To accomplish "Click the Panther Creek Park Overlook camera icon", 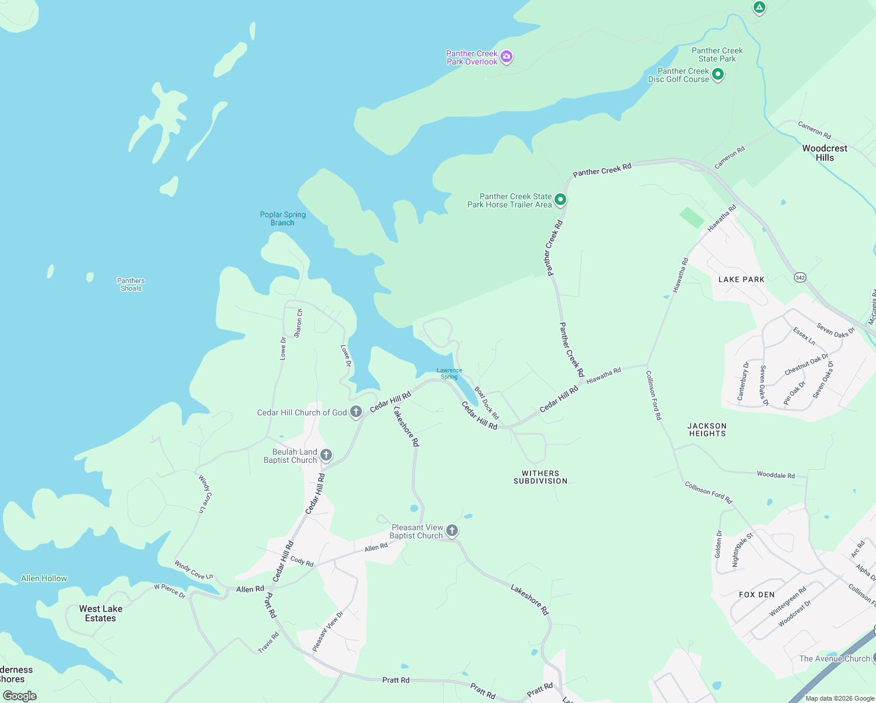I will click(507, 57).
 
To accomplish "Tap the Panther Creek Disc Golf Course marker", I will click(718, 74).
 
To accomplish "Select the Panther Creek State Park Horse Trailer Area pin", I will click(560, 200).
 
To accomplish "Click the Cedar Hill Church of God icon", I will click(356, 412).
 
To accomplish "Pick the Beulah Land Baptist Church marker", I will click(326, 455).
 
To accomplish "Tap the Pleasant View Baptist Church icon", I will click(452, 531).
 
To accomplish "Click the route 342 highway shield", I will click(800, 277).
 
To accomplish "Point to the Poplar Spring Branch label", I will click(283, 219).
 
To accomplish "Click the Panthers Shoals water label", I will click(131, 285).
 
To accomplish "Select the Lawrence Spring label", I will click(449, 373).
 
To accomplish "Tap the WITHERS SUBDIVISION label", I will click(540, 477).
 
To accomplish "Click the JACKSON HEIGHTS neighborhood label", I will click(707, 430).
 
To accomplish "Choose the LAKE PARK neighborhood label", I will click(741, 279).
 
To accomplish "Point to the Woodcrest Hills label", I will click(824, 153).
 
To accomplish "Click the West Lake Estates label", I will click(101, 613).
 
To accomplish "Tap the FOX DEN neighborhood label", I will click(757, 595).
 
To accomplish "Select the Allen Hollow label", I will click(44, 578).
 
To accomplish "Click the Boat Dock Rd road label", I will click(487, 402).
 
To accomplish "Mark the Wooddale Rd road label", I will click(776, 475).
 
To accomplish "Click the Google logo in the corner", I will click(20, 696).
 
